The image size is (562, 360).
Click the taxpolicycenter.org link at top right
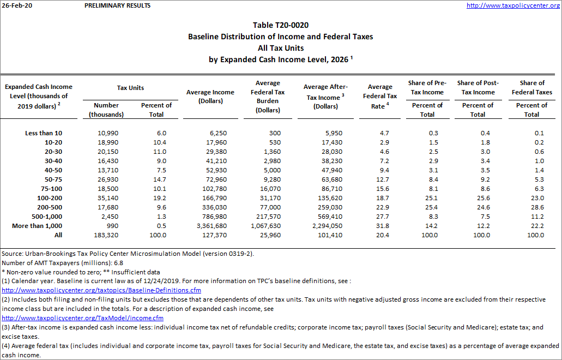click(513, 5)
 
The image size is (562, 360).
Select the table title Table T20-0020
click(281, 26)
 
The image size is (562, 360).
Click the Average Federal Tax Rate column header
click(380, 96)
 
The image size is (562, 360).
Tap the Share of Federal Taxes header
click(531, 88)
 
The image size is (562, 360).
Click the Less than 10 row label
click(44, 133)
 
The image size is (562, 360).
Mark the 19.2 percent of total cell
click(156, 198)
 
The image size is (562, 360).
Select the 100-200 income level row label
click(50, 198)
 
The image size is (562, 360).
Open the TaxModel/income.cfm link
click(83, 318)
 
